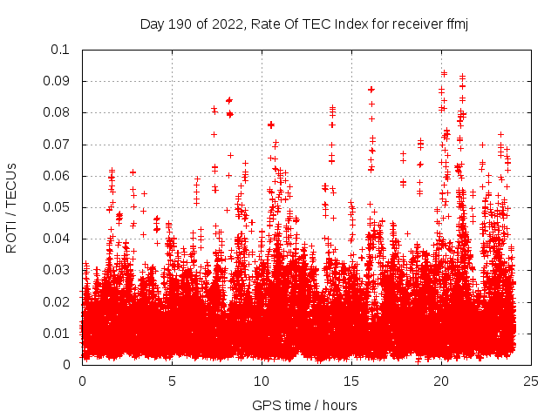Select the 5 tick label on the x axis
tap(172, 381)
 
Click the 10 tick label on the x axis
tap(262, 381)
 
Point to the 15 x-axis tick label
tap(351, 381)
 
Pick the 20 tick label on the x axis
tap(441, 381)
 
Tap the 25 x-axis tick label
tap(531, 381)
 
